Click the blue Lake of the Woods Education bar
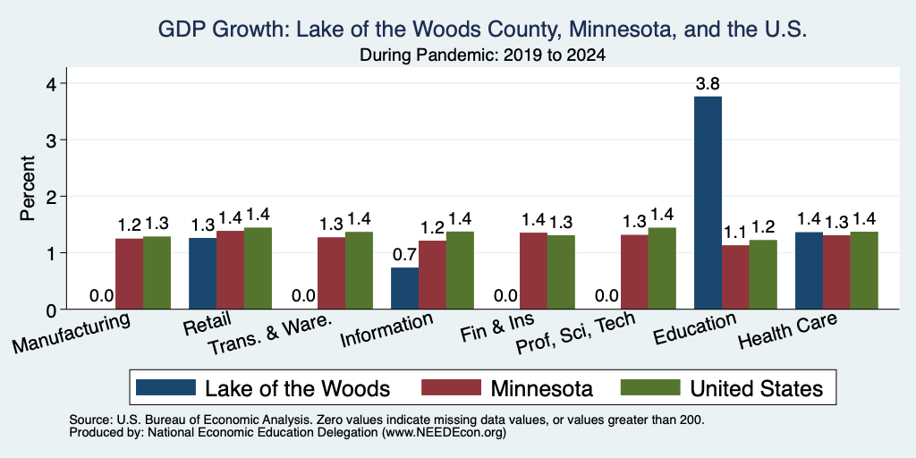(x=708, y=203)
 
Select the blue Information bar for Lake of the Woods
(x=404, y=288)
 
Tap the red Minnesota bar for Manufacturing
(x=129, y=274)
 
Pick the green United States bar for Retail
(x=258, y=268)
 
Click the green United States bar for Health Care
(x=864, y=270)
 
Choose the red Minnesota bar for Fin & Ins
(x=533, y=270)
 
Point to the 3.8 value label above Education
(x=708, y=84)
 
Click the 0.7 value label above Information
(x=404, y=255)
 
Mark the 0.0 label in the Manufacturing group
(x=102, y=297)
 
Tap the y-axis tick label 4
(x=52, y=83)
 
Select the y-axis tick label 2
(x=52, y=196)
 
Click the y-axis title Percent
(x=28, y=188)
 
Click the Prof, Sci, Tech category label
(x=576, y=333)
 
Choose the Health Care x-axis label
(x=787, y=330)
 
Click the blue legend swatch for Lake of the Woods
(x=165, y=387)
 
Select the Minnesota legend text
(x=541, y=388)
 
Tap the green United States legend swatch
(x=650, y=387)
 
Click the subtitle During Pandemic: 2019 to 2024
(x=482, y=55)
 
